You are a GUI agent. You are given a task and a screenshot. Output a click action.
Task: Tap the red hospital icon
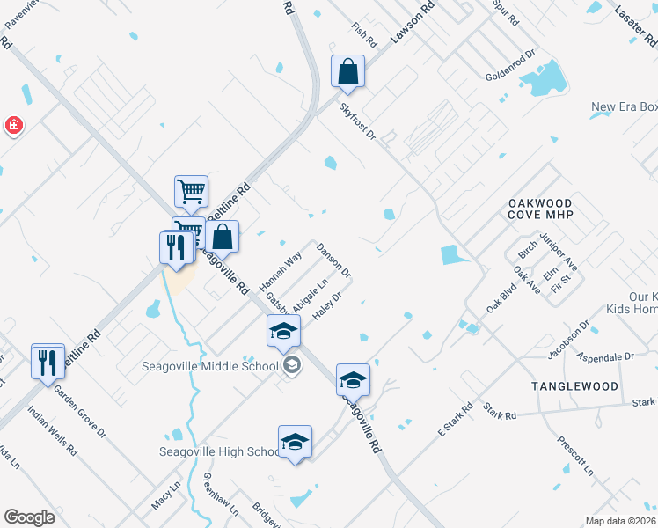[x=13, y=126]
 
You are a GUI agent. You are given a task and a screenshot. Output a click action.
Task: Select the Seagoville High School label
[x=220, y=452]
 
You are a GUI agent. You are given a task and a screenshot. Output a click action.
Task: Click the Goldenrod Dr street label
[x=511, y=66]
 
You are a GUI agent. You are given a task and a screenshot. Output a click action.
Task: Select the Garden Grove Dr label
[x=79, y=410]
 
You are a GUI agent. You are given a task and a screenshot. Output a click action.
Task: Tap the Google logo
[x=30, y=517]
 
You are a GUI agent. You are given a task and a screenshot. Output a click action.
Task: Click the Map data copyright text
[x=620, y=521]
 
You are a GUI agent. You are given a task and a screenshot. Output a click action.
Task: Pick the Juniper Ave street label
[x=559, y=253]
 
